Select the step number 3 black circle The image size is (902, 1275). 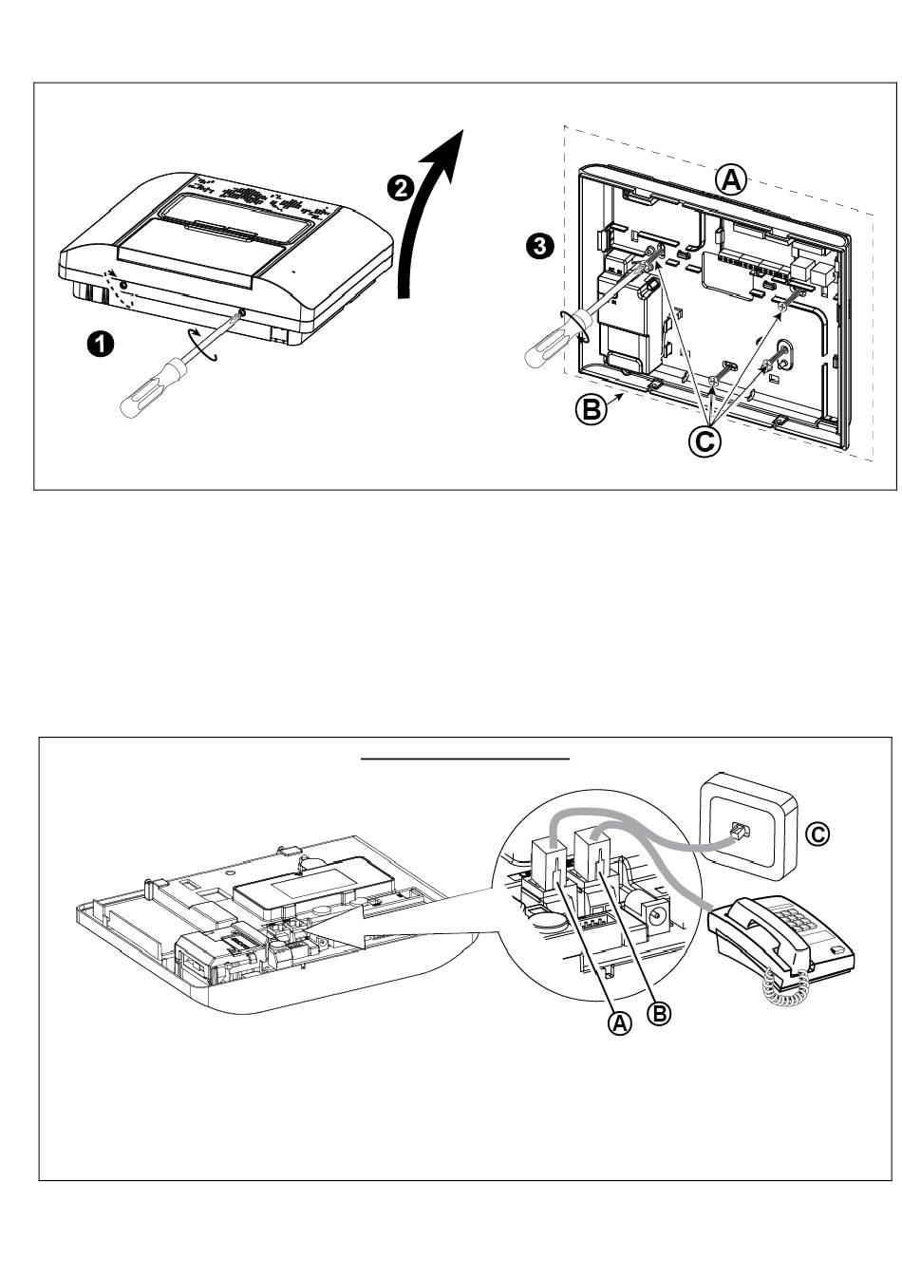pos(538,247)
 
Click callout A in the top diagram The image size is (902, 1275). pos(731,179)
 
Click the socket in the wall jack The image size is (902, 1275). pos(737,833)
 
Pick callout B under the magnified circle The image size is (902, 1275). pos(659,1013)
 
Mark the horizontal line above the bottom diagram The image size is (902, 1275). pos(465,759)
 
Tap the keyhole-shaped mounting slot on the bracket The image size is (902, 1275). pos(785,353)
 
